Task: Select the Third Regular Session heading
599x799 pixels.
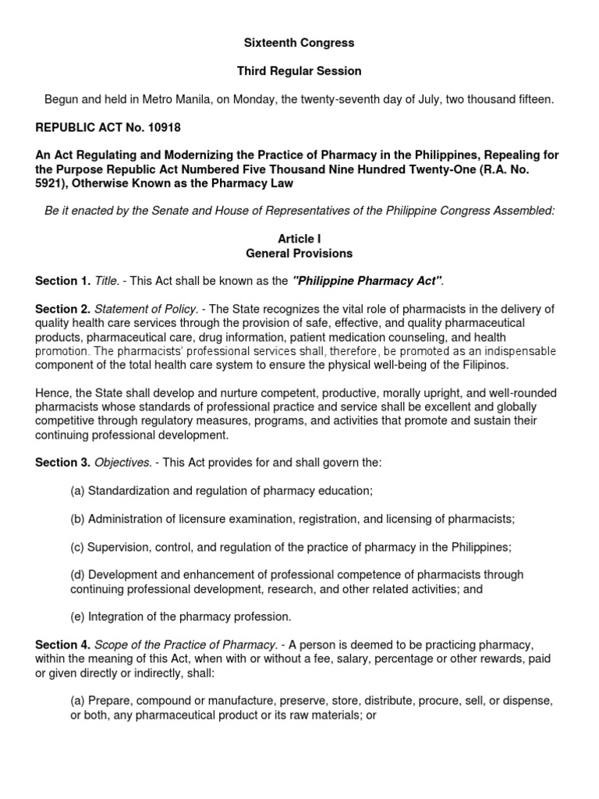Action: (x=299, y=71)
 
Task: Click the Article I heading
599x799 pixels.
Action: (x=299, y=239)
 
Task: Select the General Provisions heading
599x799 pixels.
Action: (x=299, y=253)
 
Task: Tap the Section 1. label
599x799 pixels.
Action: (x=62, y=281)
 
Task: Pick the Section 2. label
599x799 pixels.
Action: (x=62, y=309)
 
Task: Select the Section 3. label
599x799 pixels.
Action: (x=62, y=463)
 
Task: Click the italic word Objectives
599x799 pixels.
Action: (x=123, y=463)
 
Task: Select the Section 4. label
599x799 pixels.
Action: (x=62, y=645)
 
